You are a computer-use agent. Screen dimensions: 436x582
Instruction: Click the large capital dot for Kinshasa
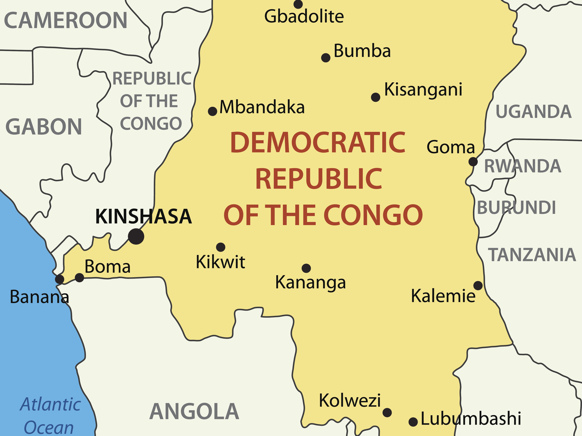136,236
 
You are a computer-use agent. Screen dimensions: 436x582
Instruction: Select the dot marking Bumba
326,58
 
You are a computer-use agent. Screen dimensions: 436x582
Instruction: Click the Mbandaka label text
262,107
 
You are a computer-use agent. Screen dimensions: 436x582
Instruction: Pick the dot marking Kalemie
478,285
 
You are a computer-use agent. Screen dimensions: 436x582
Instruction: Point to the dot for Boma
79,278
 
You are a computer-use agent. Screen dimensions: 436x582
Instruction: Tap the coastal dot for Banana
60,279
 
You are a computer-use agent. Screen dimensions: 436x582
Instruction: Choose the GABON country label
44,127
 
